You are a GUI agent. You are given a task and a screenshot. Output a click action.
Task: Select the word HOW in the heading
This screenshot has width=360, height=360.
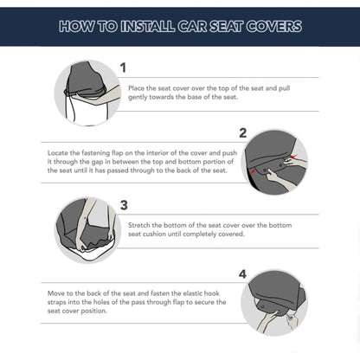tap(74, 27)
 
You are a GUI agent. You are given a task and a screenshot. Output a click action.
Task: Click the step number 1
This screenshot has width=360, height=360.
tap(123, 67)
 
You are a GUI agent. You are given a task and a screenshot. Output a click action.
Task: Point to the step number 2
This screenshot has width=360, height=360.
tap(242, 132)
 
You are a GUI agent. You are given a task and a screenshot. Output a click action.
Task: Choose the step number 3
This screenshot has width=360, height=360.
tap(124, 205)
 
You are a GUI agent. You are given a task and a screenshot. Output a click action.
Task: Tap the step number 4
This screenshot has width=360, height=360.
tap(242, 274)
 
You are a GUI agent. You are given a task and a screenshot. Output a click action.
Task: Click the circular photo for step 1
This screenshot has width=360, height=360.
tap(87, 93)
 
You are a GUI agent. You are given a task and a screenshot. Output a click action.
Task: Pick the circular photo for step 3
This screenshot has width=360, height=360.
tap(87, 229)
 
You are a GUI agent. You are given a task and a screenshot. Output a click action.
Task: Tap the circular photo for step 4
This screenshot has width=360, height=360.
tap(274, 302)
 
